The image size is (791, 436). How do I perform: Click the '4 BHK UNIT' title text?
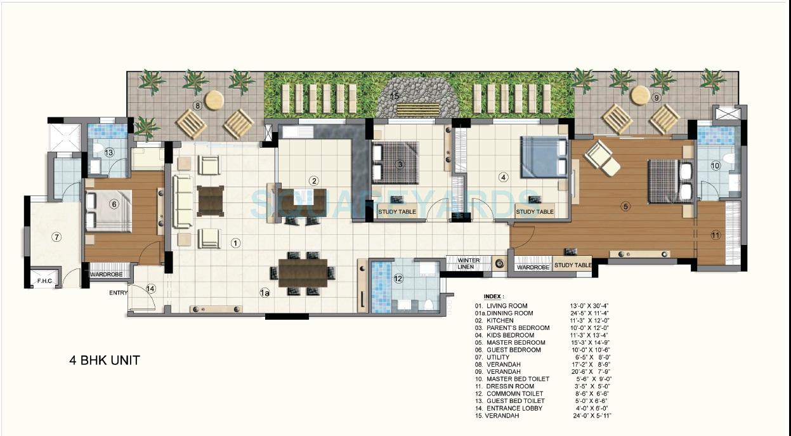(x=105, y=360)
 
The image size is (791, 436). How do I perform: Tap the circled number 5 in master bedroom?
(x=625, y=206)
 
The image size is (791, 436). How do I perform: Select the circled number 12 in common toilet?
(x=398, y=278)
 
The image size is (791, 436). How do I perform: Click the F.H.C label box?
(x=44, y=280)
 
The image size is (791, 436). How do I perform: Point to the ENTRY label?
(x=119, y=292)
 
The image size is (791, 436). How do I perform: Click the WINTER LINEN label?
(x=469, y=263)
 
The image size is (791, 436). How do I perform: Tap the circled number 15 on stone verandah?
(x=395, y=96)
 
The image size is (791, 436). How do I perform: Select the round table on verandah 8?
(x=214, y=99)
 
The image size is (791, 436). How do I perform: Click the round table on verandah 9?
(x=640, y=95)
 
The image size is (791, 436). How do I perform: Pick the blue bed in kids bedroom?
(x=544, y=157)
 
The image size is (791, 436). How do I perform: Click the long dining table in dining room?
(x=303, y=273)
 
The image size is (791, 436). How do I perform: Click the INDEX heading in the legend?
(x=494, y=296)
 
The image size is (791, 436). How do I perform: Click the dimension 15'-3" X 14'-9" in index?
(x=591, y=343)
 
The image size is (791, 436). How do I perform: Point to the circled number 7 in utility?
(x=56, y=237)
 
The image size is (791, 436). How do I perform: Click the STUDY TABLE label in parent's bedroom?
(x=398, y=212)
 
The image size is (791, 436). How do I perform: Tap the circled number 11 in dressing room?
(x=716, y=235)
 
